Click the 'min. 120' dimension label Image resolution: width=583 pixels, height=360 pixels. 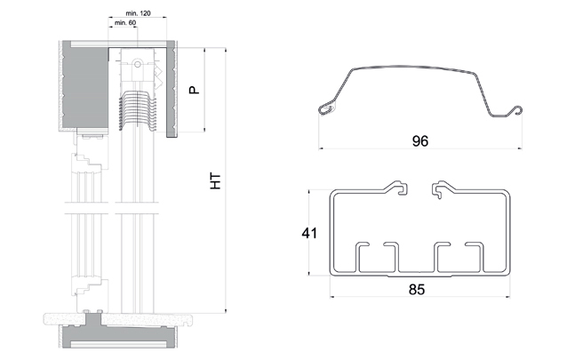coord(138,13)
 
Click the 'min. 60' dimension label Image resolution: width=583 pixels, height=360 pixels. coord(125,23)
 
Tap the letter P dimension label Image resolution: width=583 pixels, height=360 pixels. coord(194,90)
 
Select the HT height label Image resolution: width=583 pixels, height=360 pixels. coord(215,181)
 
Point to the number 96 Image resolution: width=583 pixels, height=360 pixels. coord(420,141)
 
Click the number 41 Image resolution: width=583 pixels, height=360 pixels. coord(309,233)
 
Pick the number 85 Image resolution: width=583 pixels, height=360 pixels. coord(417,290)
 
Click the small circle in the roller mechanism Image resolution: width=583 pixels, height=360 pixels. coord(138,64)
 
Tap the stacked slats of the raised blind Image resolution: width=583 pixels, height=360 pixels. coord(138,110)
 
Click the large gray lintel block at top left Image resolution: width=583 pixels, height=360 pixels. coord(85,85)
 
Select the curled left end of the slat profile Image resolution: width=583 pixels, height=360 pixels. coord(326,108)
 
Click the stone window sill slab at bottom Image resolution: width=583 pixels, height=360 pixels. coord(119,319)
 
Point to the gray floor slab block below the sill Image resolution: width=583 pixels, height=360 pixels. coord(118,337)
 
